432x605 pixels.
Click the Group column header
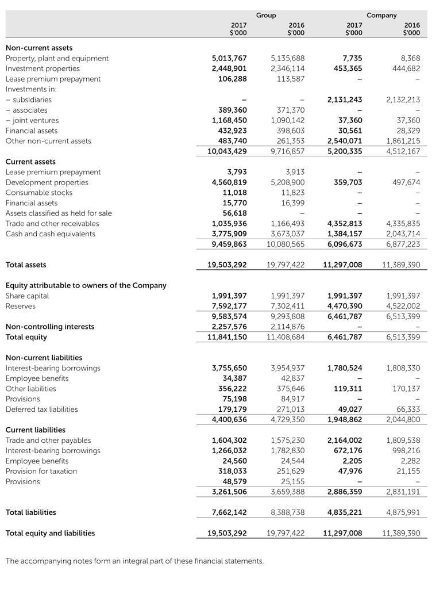click(266, 16)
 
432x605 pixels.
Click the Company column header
click(381, 16)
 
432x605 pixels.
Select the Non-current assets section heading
click(39, 48)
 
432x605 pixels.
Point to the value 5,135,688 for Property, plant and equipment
click(287, 58)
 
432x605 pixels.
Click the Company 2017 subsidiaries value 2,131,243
click(345, 99)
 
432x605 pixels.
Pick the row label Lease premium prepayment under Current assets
click(53, 172)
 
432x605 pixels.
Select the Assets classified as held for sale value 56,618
click(234, 213)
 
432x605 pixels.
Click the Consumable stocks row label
click(39, 193)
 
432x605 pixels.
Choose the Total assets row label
click(26, 265)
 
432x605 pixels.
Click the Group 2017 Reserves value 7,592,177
click(229, 307)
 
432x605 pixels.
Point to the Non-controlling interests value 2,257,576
click(229, 327)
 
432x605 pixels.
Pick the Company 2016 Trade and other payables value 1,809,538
click(403, 440)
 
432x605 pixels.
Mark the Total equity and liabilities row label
click(50, 533)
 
